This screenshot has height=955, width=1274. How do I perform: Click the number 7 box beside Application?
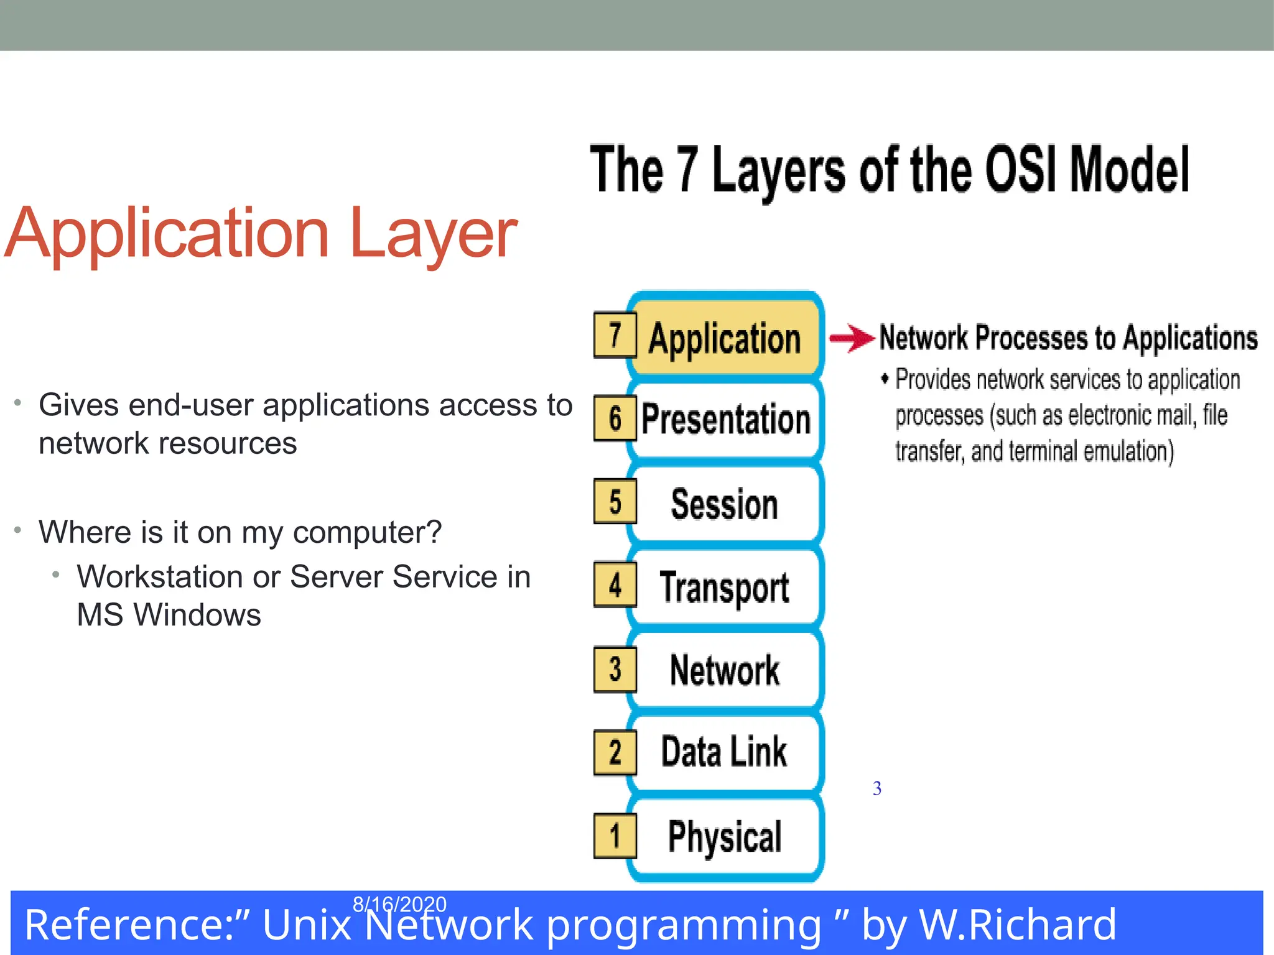pyautogui.click(x=615, y=335)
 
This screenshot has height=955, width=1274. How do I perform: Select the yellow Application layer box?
pyautogui.click(x=725, y=338)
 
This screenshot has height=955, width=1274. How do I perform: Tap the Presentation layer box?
pyautogui.click(x=725, y=420)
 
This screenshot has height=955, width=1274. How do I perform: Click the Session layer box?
pyautogui.click(x=725, y=504)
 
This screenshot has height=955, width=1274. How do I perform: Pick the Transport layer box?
pyautogui.click(x=725, y=587)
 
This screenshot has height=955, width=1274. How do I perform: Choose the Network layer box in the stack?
pyautogui.click(x=725, y=670)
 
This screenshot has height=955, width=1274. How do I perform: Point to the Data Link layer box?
pyautogui.click(x=725, y=752)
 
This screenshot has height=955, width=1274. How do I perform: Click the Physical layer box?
pyautogui.click(x=725, y=836)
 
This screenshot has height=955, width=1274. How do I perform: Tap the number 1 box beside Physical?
pyautogui.click(x=615, y=836)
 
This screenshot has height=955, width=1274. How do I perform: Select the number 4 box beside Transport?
pyautogui.click(x=615, y=585)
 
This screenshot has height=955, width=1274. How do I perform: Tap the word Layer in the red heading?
pyautogui.click(x=433, y=234)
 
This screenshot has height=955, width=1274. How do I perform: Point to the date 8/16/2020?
pyautogui.click(x=399, y=903)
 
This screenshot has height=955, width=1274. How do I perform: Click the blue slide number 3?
pyautogui.click(x=876, y=788)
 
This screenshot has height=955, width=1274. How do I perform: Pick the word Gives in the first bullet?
pyautogui.click(x=78, y=405)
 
